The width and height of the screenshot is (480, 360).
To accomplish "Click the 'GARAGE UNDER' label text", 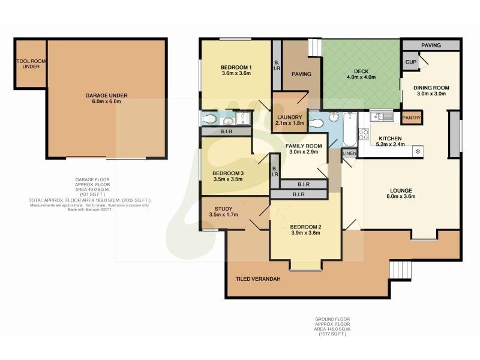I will point(106,95).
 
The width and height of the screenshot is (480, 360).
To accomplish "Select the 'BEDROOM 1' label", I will point(236,67).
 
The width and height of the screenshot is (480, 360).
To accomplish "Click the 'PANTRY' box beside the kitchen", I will point(412,118).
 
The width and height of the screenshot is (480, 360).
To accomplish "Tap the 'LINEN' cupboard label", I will point(349,154).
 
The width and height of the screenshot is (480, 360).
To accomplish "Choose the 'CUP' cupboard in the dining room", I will point(411,62).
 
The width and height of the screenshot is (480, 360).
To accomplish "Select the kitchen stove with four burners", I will point(364,133).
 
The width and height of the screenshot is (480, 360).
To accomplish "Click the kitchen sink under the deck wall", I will point(381,116).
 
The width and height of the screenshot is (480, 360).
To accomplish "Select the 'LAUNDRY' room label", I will point(290,117).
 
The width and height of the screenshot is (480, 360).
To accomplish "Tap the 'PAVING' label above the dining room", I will point(431,45).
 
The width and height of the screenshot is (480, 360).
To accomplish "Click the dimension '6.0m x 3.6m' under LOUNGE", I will point(402,196).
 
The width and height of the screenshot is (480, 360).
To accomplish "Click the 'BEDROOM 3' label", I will point(227,175).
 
